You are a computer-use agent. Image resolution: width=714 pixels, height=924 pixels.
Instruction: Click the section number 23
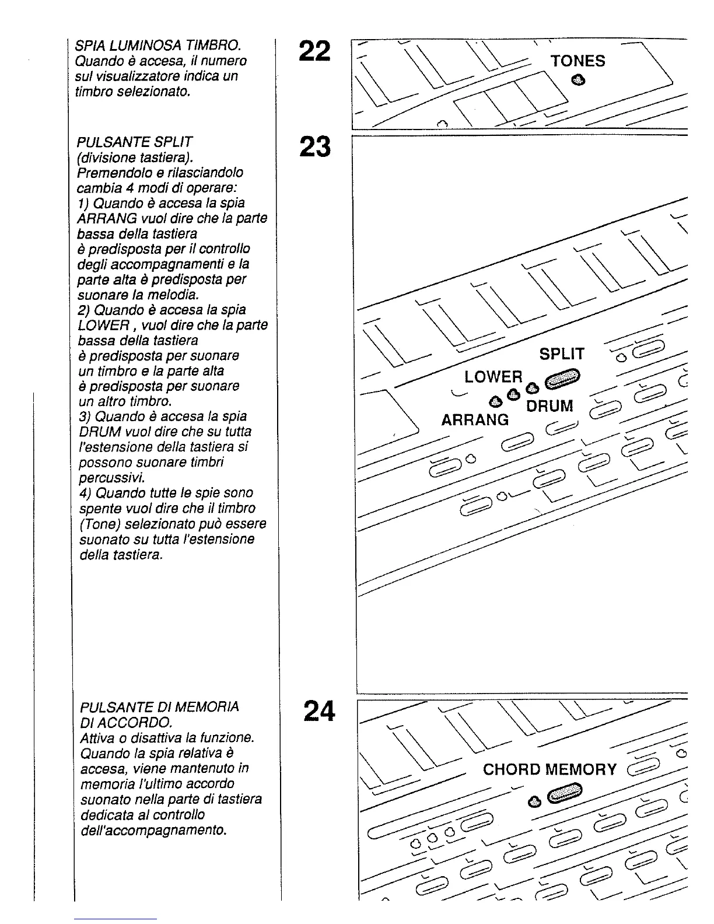pyautogui.click(x=315, y=147)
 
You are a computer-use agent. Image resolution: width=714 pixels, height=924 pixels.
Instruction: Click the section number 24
pyautogui.click(x=319, y=711)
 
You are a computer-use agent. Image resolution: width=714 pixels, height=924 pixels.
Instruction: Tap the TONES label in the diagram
pyautogui.click(x=578, y=61)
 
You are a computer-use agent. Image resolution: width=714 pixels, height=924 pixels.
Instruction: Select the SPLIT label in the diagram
pyautogui.click(x=562, y=354)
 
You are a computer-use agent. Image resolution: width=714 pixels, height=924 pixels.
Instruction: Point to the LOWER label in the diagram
pyautogui.click(x=494, y=377)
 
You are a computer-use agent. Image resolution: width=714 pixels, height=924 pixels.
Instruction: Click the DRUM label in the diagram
pyautogui.click(x=549, y=406)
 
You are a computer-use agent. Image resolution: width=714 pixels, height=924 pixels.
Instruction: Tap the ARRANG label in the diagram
pyautogui.click(x=475, y=420)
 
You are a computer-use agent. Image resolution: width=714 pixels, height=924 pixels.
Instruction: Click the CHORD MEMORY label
pyautogui.click(x=549, y=769)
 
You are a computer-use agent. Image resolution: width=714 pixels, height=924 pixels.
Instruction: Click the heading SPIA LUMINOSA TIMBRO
pyautogui.click(x=158, y=45)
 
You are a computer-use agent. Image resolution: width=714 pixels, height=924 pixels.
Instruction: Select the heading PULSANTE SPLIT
pyautogui.click(x=134, y=142)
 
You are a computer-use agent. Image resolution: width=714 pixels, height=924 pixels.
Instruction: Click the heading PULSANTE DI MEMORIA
pyautogui.click(x=159, y=707)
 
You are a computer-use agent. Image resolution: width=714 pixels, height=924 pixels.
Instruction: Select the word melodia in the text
pyautogui.click(x=173, y=294)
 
